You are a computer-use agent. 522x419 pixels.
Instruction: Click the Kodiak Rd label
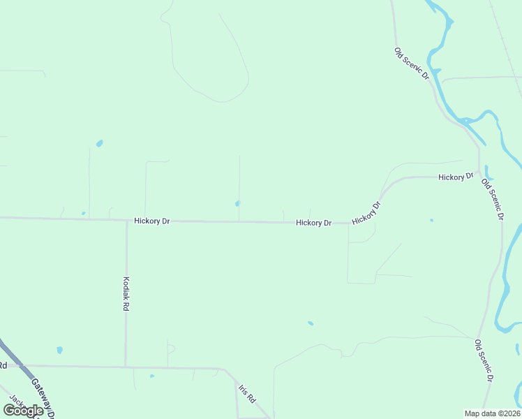point(126,293)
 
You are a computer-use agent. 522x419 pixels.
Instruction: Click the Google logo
point(24,411)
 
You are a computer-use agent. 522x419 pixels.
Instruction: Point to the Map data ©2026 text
point(492,413)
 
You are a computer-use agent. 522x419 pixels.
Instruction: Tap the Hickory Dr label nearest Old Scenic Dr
point(456,177)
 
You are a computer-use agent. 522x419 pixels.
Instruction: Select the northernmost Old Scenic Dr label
point(411,64)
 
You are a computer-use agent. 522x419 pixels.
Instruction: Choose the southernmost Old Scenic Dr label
point(484,360)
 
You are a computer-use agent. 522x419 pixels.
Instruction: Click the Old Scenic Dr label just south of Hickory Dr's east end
point(492,199)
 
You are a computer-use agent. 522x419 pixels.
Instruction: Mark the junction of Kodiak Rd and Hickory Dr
point(126,221)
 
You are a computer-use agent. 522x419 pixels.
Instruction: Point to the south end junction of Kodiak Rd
point(126,365)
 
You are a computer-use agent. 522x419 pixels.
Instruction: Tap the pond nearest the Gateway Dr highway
point(59,350)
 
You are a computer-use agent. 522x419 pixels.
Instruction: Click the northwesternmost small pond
point(99,144)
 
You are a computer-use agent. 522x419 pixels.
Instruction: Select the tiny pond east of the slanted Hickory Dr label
point(431,221)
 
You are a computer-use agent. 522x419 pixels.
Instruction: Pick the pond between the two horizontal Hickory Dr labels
point(238,204)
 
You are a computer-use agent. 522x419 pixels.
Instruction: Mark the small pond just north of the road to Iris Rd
point(152,376)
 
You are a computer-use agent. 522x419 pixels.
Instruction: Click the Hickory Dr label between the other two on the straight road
point(313,223)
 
